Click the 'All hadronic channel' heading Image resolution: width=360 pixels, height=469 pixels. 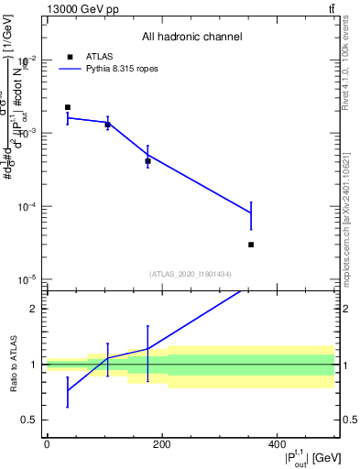[191, 38]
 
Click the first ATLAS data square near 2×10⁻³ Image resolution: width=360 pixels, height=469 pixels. [68, 107]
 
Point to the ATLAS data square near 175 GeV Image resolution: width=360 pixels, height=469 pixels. [147, 161]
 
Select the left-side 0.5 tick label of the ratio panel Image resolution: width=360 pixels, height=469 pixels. [32, 420]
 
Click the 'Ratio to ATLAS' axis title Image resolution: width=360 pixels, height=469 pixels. [14, 364]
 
